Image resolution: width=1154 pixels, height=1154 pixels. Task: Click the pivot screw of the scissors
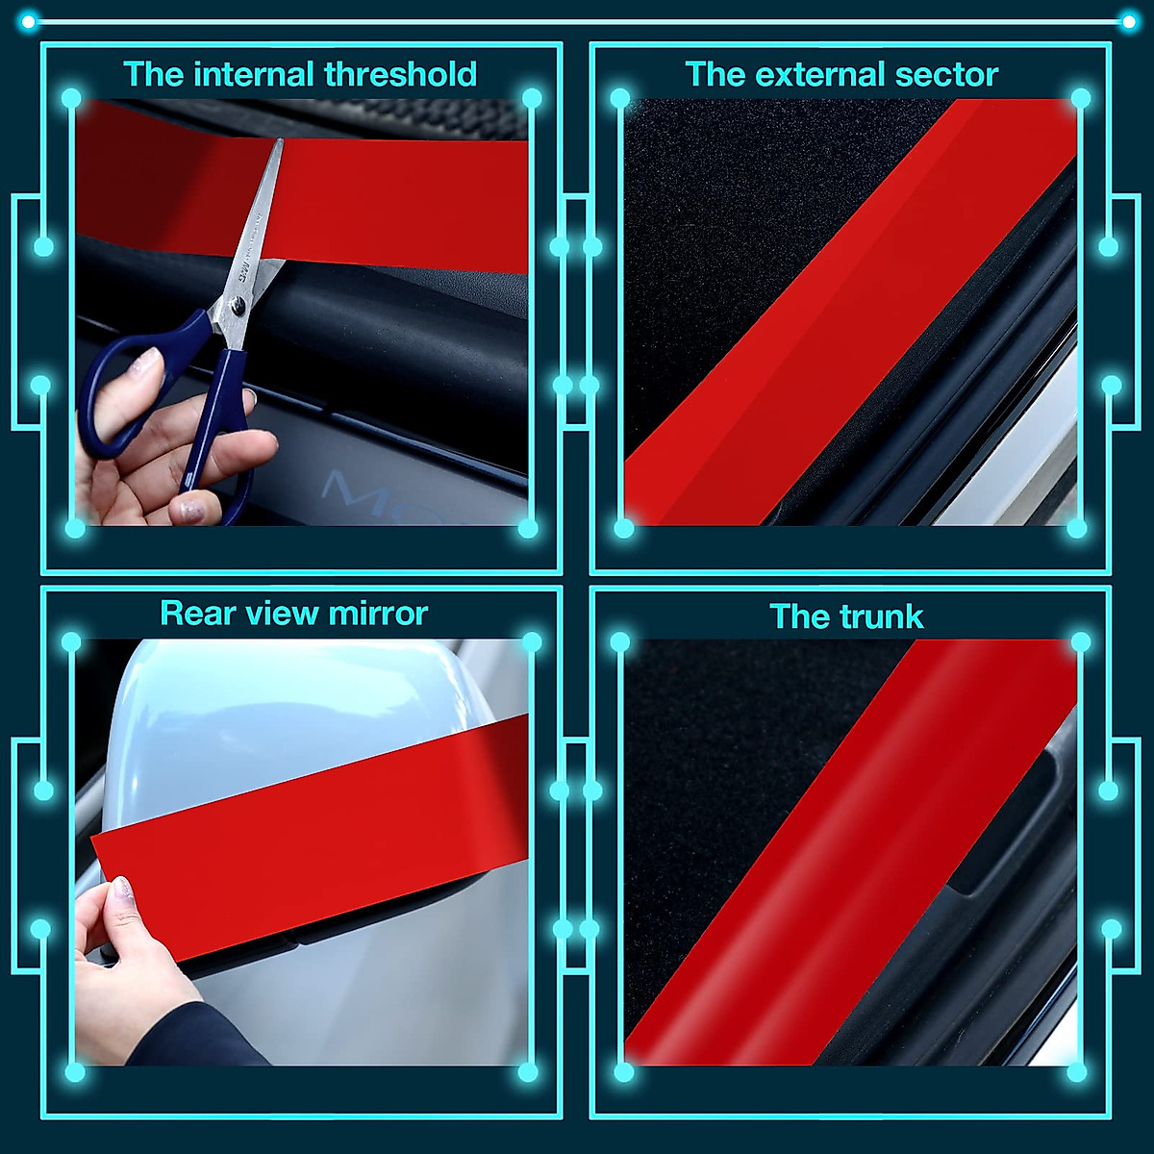[x=238, y=306]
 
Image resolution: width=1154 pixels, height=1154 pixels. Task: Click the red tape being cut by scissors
[x=385, y=202]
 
